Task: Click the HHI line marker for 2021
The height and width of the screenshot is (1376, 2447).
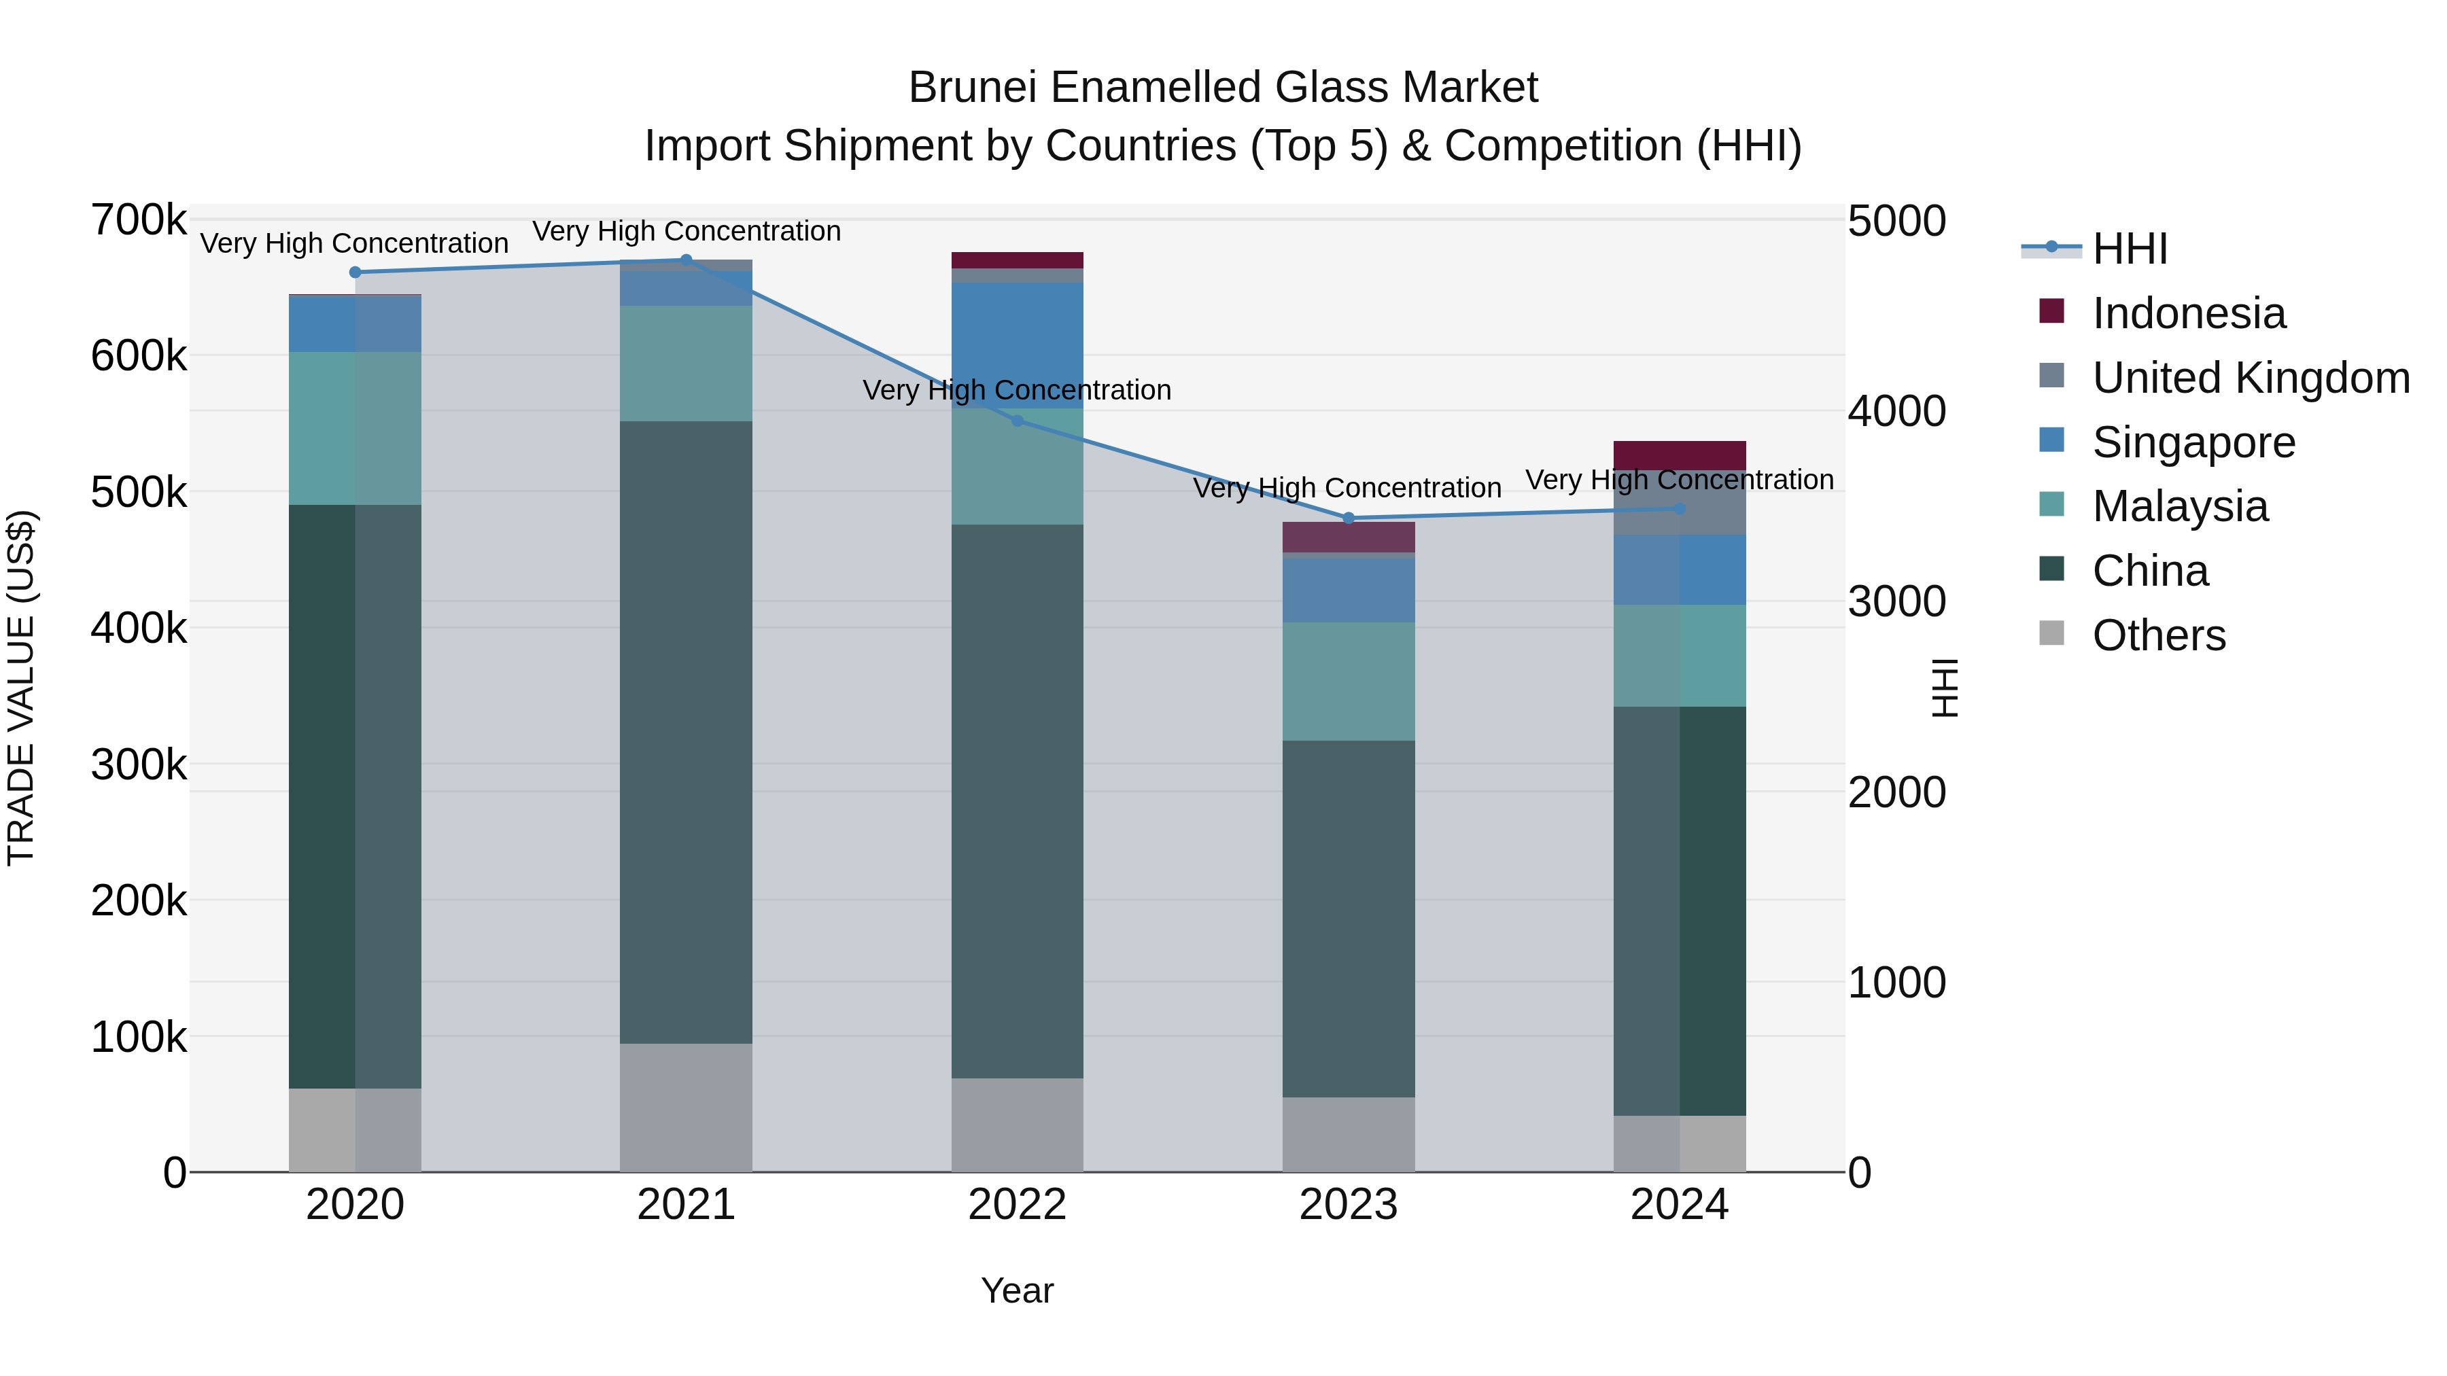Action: [x=686, y=260]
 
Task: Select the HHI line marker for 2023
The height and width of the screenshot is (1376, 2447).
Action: [x=1348, y=518]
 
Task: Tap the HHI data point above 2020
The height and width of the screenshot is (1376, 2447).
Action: [x=355, y=272]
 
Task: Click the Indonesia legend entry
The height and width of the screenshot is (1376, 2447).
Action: [x=2189, y=313]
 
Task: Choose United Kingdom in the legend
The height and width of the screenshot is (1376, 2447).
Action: [x=2251, y=378]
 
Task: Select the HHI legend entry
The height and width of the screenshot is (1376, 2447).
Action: [x=2129, y=249]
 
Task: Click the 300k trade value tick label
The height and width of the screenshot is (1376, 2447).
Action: [x=139, y=764]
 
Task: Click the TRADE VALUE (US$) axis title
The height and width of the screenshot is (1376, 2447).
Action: [x=21, y=688]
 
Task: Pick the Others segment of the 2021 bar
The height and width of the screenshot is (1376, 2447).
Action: [x=686, y=1108]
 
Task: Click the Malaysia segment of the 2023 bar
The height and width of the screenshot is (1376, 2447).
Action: [x=1348, y=681]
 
